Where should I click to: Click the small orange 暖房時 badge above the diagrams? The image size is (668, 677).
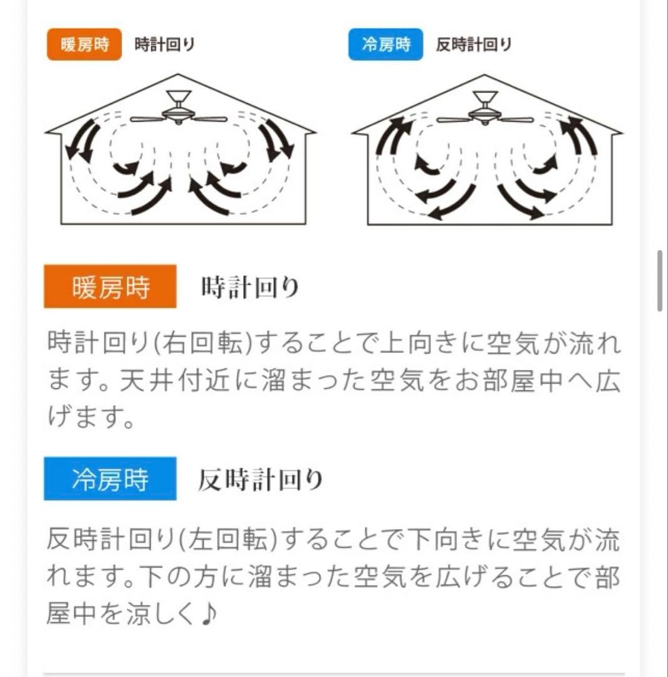(x=84, y=45)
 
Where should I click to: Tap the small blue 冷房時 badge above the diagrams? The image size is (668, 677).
(x=385, y=45)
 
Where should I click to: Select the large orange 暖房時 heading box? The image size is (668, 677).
(x=110, y=287)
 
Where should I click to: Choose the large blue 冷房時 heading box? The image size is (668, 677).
(x=110, y=480)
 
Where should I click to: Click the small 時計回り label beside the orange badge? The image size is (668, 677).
(x=165, y=45)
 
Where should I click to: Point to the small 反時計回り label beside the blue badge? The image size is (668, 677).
(x=474, y=45)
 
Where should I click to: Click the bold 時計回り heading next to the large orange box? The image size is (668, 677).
(x=250, y=288)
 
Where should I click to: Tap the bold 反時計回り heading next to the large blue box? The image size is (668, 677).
(x=260, y=480)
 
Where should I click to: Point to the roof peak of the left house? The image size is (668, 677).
(x=180, y=75)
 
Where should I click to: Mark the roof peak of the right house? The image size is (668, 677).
(x=486, y=75)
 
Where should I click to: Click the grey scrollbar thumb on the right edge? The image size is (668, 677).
(x=660, y=281)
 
